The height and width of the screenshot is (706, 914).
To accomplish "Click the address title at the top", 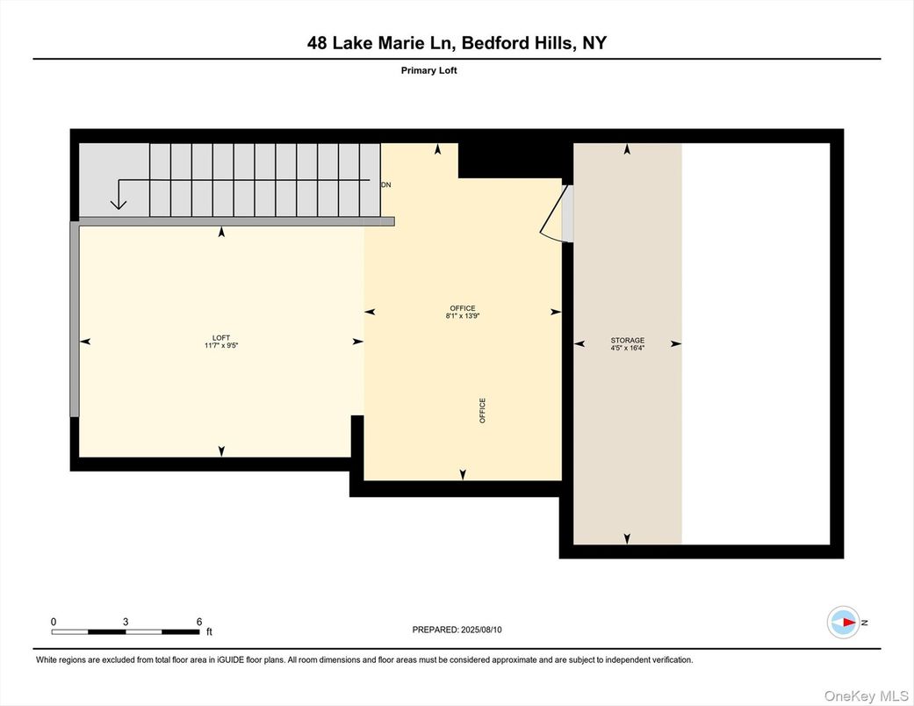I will (x=457, y=42).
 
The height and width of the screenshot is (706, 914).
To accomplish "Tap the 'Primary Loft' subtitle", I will (x=428, y=70).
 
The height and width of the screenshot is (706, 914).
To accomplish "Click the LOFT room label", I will (x=221, y=337).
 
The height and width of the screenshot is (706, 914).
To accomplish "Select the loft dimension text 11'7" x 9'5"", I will (x=221, y=346).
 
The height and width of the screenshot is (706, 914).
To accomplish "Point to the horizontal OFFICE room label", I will (x=463, y=308).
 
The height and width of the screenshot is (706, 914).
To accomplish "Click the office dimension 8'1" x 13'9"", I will (x=463, y=316).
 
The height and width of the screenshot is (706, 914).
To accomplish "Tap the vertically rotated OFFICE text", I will (x=482, y=411).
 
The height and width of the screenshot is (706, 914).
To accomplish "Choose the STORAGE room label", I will (x=627, y=340).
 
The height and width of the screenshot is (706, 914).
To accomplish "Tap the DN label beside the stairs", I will (x=385, y=185).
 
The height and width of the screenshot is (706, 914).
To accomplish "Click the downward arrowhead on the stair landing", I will (x=119, y=205).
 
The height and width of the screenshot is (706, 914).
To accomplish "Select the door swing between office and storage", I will (x=555, y=214).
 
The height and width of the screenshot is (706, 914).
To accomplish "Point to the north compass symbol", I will (x=844, y=622).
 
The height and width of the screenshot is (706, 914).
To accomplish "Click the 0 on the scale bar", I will (x=54, y=621).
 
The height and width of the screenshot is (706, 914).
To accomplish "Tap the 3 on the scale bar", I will (x=126, y=621).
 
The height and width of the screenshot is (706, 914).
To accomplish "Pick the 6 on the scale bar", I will (x=199, y=621).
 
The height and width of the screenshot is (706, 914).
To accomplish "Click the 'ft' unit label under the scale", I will (x=209, y=631).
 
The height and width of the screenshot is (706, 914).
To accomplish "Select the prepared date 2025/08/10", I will (x=483, y=630).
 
